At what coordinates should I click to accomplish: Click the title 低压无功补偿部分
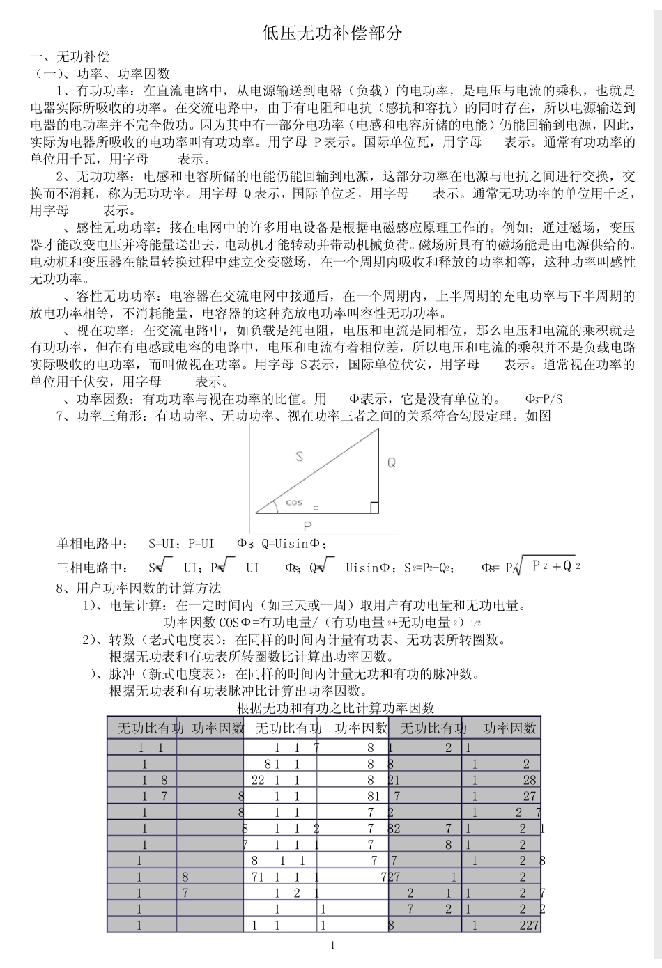332,33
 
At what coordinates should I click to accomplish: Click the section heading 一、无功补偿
70,56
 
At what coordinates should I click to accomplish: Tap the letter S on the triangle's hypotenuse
299,457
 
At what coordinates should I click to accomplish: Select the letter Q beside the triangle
392,462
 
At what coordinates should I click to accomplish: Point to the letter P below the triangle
307,525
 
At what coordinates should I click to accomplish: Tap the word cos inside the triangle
294,502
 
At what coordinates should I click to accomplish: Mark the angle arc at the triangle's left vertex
275,504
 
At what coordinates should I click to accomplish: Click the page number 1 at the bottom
332,945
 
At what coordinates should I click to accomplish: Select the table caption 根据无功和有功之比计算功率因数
335,708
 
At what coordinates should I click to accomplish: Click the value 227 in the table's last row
529,925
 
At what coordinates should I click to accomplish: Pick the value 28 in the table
530,780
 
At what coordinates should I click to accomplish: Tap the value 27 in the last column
530,796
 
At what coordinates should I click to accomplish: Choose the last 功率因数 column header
509,728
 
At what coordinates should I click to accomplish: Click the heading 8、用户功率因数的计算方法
139,588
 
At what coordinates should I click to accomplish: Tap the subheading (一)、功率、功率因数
103,73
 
